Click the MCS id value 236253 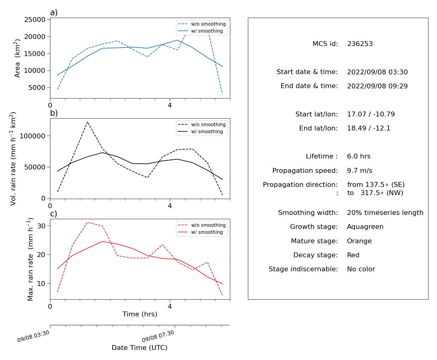pos(360,44)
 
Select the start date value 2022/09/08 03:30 pos(377,72)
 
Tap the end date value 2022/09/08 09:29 pos(377,86)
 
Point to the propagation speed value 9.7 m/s pos(360,170)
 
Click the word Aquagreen pos(365,227)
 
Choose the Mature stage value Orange pos(359,241)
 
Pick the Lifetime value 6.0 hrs pos(359,156)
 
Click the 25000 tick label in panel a pos(35,20)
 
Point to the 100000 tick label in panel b pos(32,136)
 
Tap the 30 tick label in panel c pos(41,226)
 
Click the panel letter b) pos(54,113)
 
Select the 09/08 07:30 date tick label pos(158,336)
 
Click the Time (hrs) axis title pos(140,314)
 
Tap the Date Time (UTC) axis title pos(140,348)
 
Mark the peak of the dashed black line pos(87,122)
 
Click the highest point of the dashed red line pos(88,222)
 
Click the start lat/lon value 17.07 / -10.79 pos(371,114)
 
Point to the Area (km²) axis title pos(17,58)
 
